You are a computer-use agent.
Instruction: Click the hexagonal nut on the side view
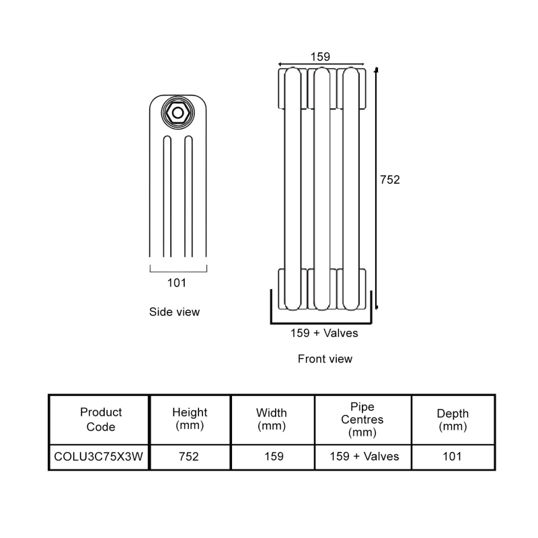click(178, 112)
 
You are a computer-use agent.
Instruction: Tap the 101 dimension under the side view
click(176, 283)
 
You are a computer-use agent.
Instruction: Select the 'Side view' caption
click(174, 312)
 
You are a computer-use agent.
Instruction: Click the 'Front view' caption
click(325, 359)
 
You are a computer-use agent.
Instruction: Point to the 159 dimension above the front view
click(320, 57)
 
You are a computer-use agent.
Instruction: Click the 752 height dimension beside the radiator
click(390, 180)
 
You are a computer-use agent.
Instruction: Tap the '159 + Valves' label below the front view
click(324, 333)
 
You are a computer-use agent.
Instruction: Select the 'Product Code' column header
click(101, 420)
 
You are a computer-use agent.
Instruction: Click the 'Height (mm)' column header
click(190, 420)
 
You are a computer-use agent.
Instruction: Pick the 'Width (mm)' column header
click(272, 420)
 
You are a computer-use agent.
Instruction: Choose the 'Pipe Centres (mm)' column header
click(362, 420)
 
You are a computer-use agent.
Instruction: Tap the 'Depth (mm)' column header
click(453, 420)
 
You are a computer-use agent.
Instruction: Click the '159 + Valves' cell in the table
click(364, 457)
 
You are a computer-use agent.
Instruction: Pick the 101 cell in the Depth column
click(453, 457)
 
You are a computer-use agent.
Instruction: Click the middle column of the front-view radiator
click(322, 188)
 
